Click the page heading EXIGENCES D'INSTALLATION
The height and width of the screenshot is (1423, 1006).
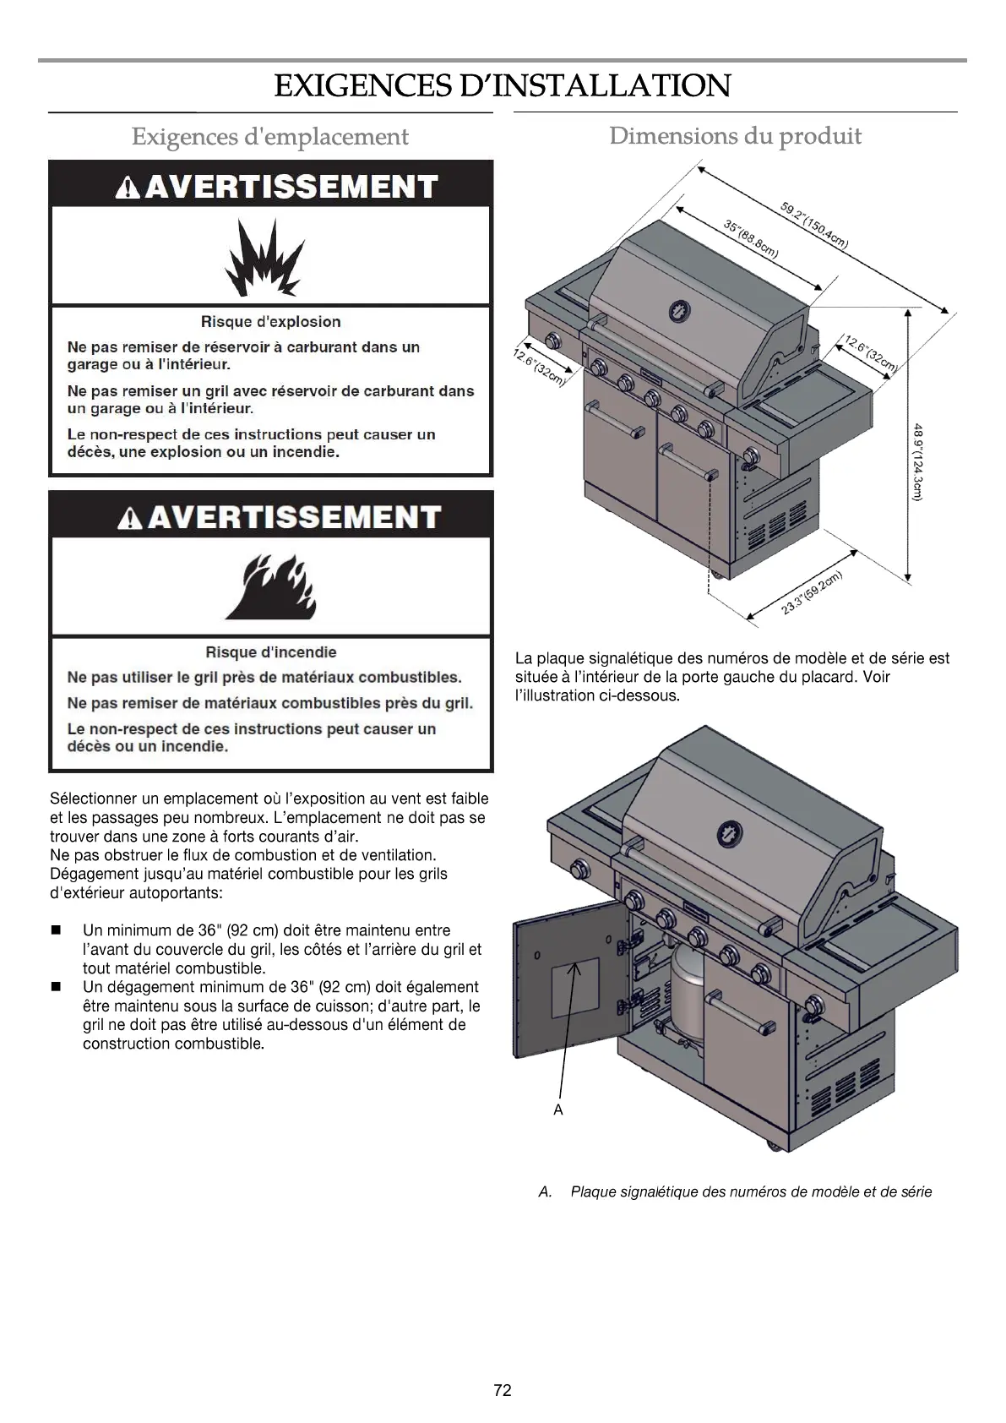tap(502, 86)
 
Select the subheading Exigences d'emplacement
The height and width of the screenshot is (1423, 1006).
tap(269, 137)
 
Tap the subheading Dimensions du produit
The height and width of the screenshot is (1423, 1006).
tap(735, 136)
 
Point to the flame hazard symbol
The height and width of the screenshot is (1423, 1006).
tap(269, 586)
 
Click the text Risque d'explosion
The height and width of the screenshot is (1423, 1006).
tap(270, 322)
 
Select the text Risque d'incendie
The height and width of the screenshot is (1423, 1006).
tap(270, 652)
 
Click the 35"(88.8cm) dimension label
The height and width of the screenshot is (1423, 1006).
tap(750, 238)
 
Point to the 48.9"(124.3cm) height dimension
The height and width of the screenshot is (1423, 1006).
tap(917, 462)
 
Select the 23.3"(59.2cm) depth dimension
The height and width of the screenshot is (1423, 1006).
tap(812, 594)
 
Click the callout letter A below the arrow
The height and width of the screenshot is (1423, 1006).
tap(557, 1110)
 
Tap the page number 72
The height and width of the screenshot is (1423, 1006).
tap(503, 1391)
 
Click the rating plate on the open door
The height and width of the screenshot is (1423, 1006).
tap(575, 987)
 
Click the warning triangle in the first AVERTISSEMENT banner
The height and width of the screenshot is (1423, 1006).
tap(128, 188)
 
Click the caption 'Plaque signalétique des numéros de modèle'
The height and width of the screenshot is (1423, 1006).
tap(751, 1192)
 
